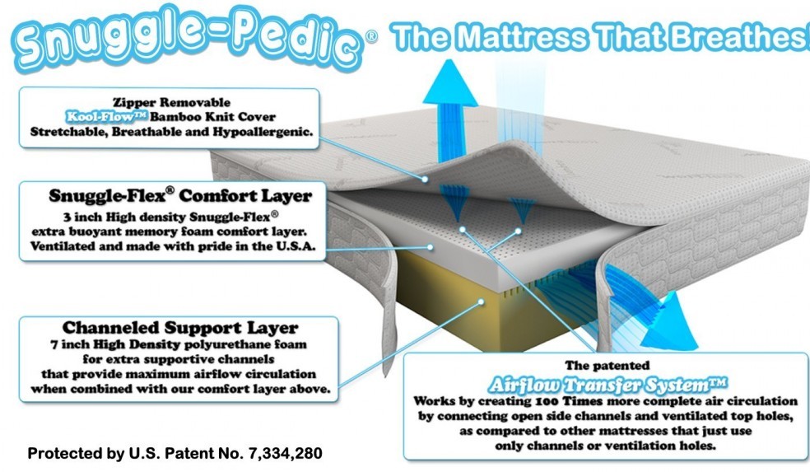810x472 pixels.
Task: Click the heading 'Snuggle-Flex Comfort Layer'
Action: (180, 196)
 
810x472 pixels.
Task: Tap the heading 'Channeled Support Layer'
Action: (180, 328)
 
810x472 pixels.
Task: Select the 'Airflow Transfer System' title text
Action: (606, 384)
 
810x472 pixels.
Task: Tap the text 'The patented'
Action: (606, 364)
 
